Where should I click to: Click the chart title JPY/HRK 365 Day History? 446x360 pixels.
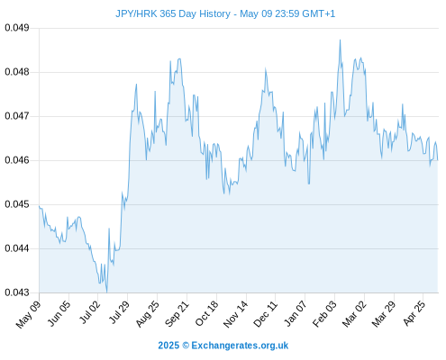pyautogui.click(x=173, y=13)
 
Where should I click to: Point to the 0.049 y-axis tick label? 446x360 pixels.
pyautogui.click(x=17, y=28)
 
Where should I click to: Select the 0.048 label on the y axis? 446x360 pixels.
pyautogui.click(x=17, y=72)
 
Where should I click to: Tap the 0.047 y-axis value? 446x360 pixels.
pyautogui.click(x=17, y=116)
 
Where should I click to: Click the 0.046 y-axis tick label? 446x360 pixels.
pyautogui.click(x=17, y=160)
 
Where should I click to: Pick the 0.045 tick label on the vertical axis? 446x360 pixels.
pyautogui.click(x=17, y=204)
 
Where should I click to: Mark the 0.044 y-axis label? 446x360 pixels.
pyautogui.click(x=17, y=248)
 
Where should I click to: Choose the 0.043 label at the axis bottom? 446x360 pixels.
pyautogui.click(x=17, y=292)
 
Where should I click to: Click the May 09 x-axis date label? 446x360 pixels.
pyautogui.click(x=28, y=314)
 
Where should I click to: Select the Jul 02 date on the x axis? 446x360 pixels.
pyautogui.click(x=89, y=312)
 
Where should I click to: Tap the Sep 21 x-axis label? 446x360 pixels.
pyautogui.click(x=177, y=313)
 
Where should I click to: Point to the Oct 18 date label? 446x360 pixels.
pyautogui.click(x=206, y=313)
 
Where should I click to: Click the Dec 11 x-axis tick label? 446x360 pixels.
pyautogui.click(x=266, y=313)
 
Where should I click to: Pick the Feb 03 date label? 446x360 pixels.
pyautogui.click(x=324, y=313)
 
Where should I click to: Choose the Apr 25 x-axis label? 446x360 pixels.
pyautogui.click(x=414, y=313)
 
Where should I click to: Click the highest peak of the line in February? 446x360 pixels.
pyautogui.click(x=340, y=40)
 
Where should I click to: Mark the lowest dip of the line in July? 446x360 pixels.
pyautogui.click(x=106, y=292)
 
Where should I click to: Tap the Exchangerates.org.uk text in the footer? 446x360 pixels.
pyautogui.click(x=240, y=346)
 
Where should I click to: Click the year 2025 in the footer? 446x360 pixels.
pyautogui.click(x=168, y=346)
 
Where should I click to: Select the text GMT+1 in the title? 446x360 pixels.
pyautogui.click(x=318, y=13)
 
